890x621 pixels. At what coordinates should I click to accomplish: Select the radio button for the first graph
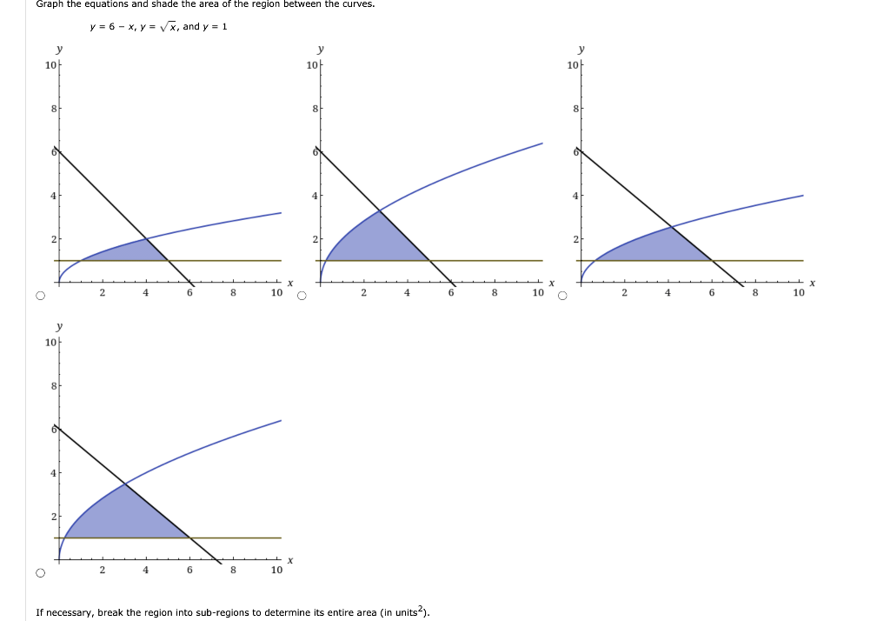[x=40, y=296]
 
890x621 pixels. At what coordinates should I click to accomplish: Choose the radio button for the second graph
[x=302, y=296]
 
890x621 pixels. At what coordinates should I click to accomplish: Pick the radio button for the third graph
[x=562, y=296]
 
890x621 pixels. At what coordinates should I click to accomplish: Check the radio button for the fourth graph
[x=40, y=573]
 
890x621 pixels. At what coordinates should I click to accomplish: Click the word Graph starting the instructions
[x=51, y=4]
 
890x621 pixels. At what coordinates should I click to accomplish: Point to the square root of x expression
[x=168, y=27]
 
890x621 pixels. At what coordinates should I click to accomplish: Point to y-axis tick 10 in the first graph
[x=50, y=66]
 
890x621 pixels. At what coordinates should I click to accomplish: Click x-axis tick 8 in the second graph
[x=494, y=294]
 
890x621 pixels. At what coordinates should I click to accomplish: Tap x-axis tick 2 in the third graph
[x=624, y=294]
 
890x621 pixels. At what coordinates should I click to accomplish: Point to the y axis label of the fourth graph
[x=59, y=327]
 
